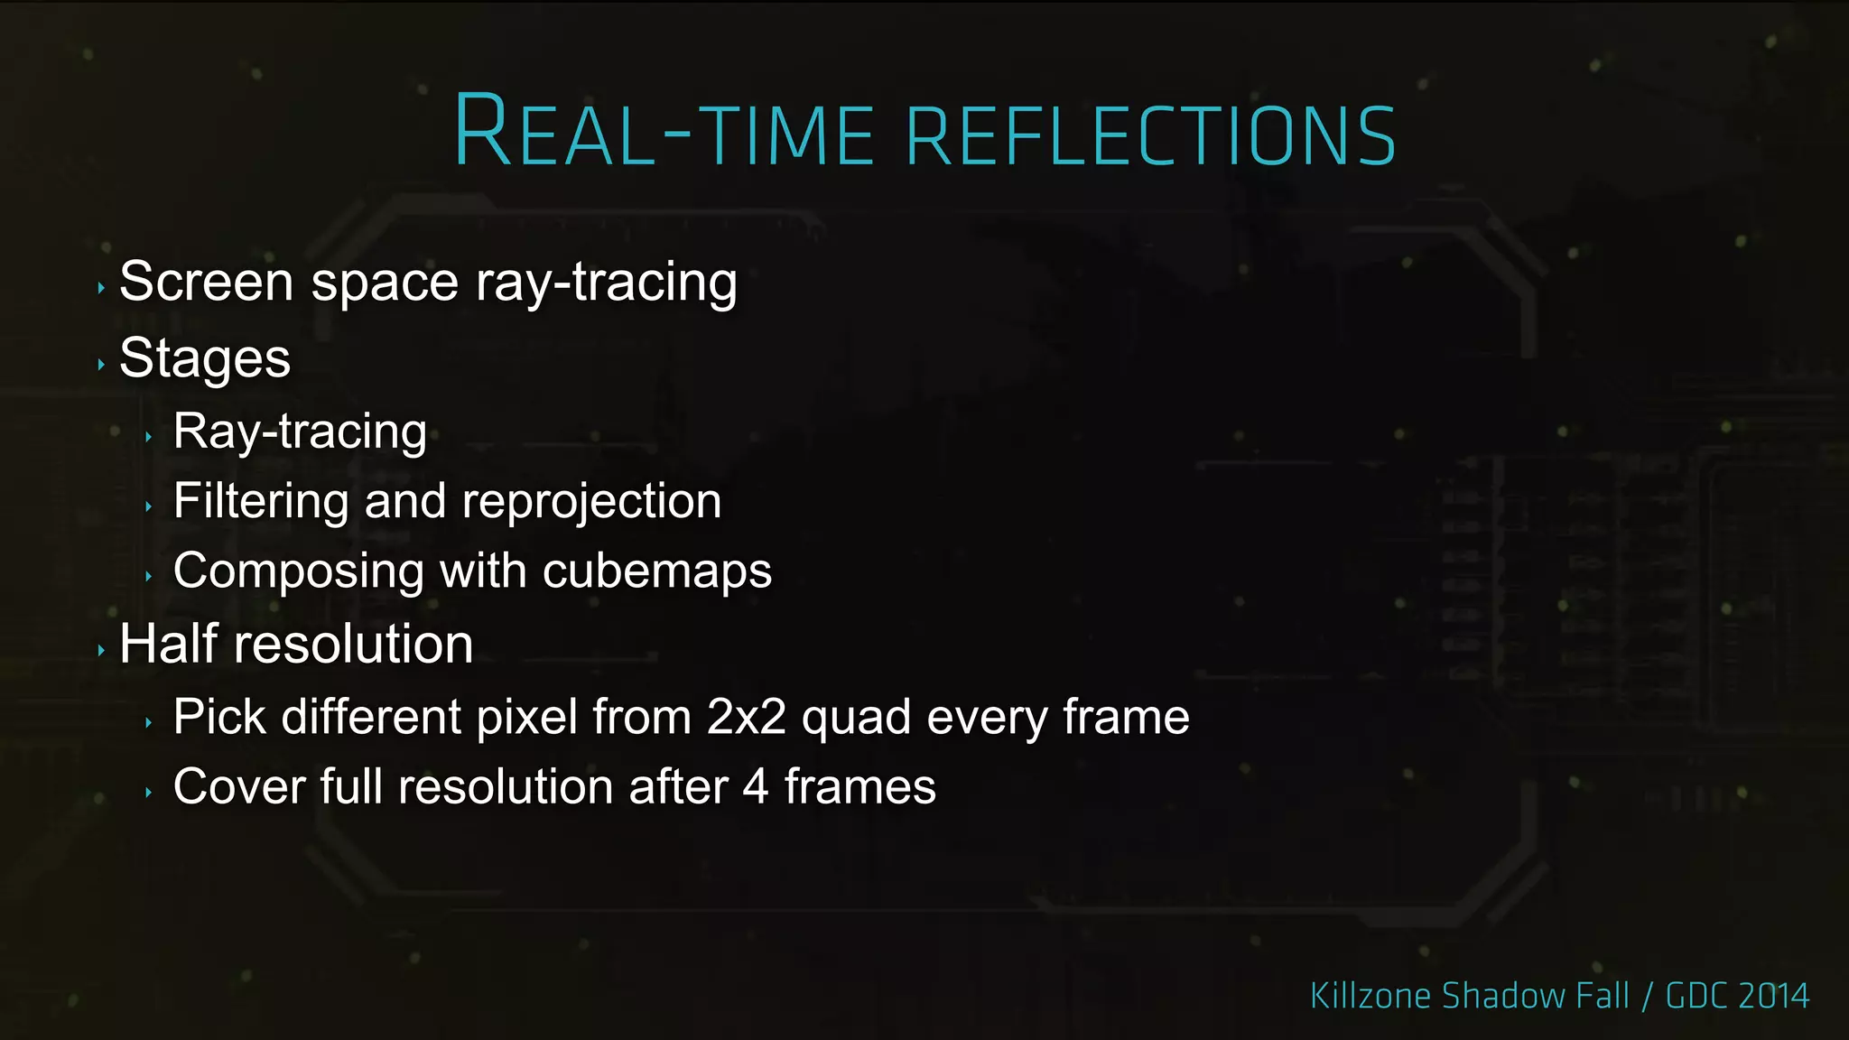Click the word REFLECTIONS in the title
(1150, 135)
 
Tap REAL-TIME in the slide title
(664, 133)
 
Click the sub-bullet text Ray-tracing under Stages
(300, 432)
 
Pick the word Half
(169, 645)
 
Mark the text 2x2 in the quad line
(746, 718)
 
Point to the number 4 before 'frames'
(756, 786)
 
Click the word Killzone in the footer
(1370, 996)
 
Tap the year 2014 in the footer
(1773, 996)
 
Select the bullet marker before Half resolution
(101, 650)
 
